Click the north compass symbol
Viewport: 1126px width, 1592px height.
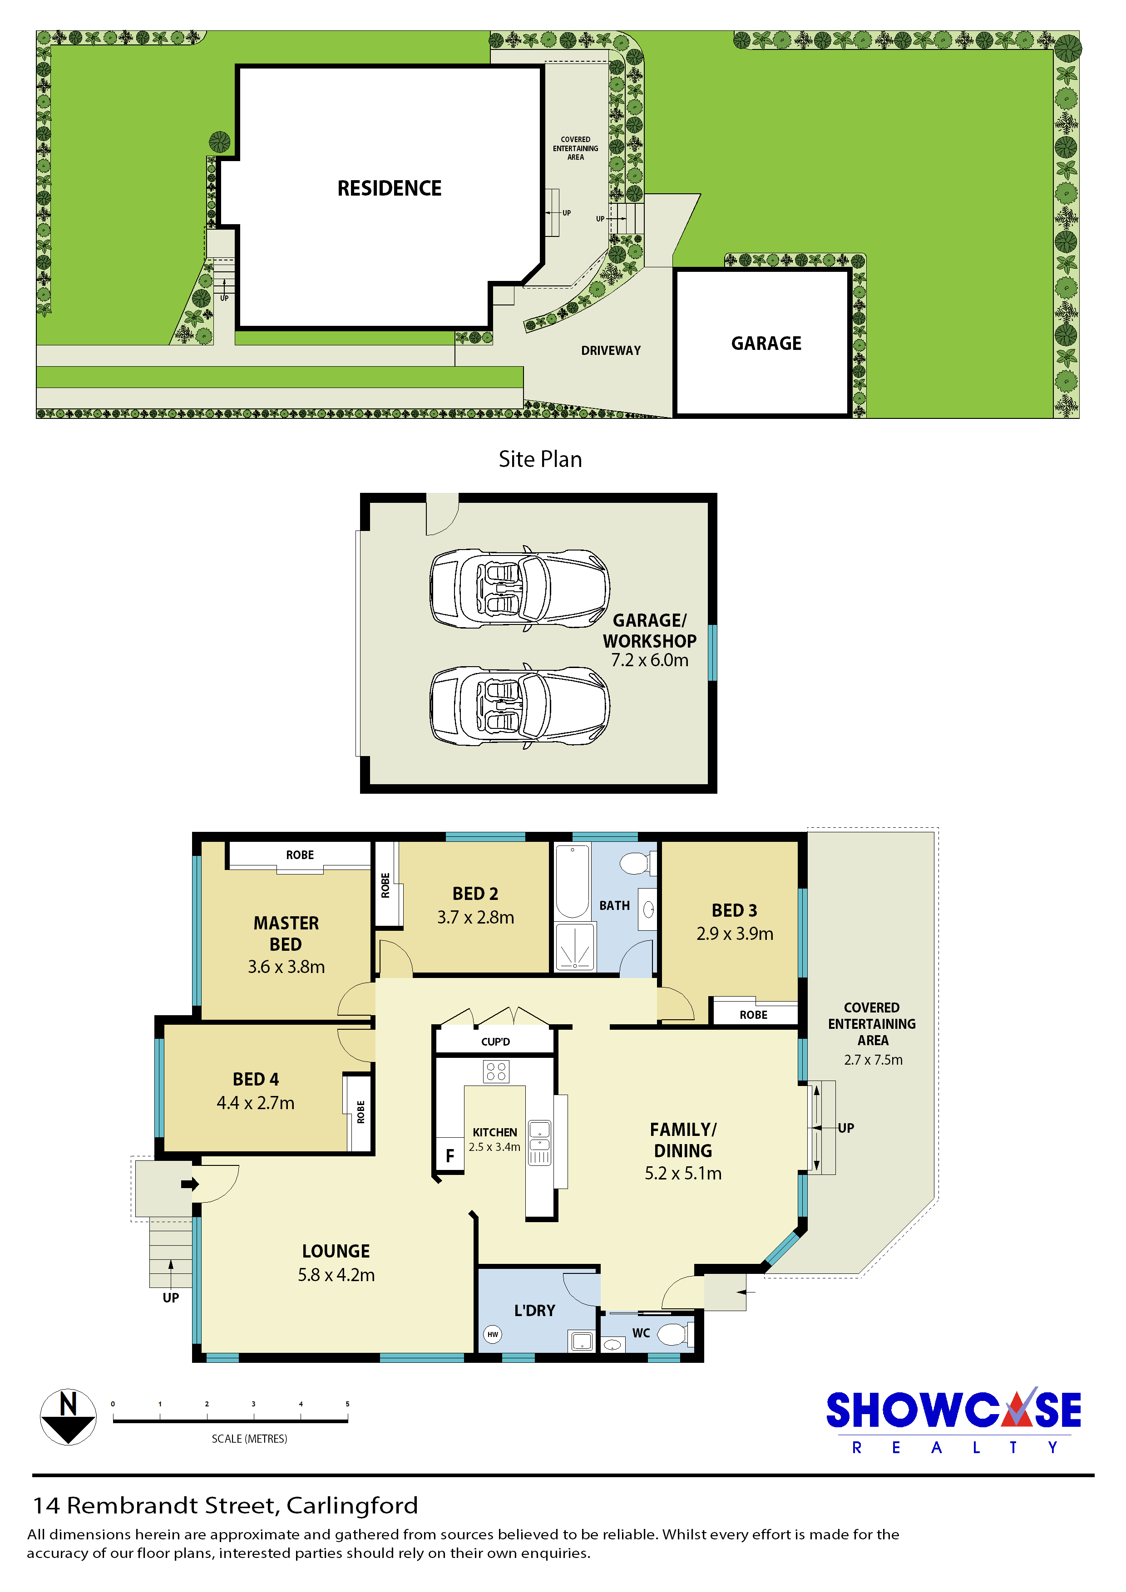68,1416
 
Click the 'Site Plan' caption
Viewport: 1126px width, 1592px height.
540,459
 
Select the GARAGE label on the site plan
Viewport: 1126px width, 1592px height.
766,343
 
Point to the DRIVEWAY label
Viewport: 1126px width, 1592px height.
611,351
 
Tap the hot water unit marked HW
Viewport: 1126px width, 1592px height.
493,1334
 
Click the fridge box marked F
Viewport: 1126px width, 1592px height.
449,1155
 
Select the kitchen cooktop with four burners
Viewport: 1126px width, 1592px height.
496,1071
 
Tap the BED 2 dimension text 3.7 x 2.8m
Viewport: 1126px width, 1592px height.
475,917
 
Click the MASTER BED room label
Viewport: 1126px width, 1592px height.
286,934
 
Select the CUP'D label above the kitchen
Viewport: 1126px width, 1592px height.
495,1042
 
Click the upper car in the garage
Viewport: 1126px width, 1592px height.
519,589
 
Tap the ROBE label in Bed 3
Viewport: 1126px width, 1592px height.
753,1015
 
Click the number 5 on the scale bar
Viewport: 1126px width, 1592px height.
348,1404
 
